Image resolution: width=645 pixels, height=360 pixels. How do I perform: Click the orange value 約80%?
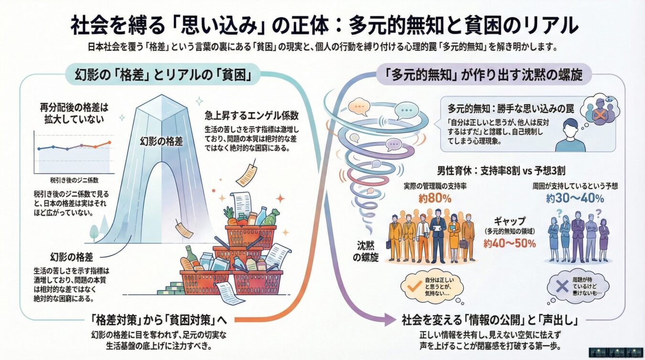(433, 199)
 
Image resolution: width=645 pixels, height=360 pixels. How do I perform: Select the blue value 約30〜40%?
(575, 198)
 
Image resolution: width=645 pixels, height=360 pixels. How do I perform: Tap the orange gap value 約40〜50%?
(509, 243)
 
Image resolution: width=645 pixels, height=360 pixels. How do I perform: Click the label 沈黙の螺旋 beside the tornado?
(368, 251)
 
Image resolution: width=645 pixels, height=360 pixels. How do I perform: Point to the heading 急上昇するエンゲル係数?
(252, 115)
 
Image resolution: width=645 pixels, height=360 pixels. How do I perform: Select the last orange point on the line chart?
(109, 142)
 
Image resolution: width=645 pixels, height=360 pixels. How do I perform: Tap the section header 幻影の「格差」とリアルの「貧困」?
(161, 75)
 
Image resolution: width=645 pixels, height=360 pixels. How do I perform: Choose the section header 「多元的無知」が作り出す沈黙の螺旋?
(484, 75)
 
